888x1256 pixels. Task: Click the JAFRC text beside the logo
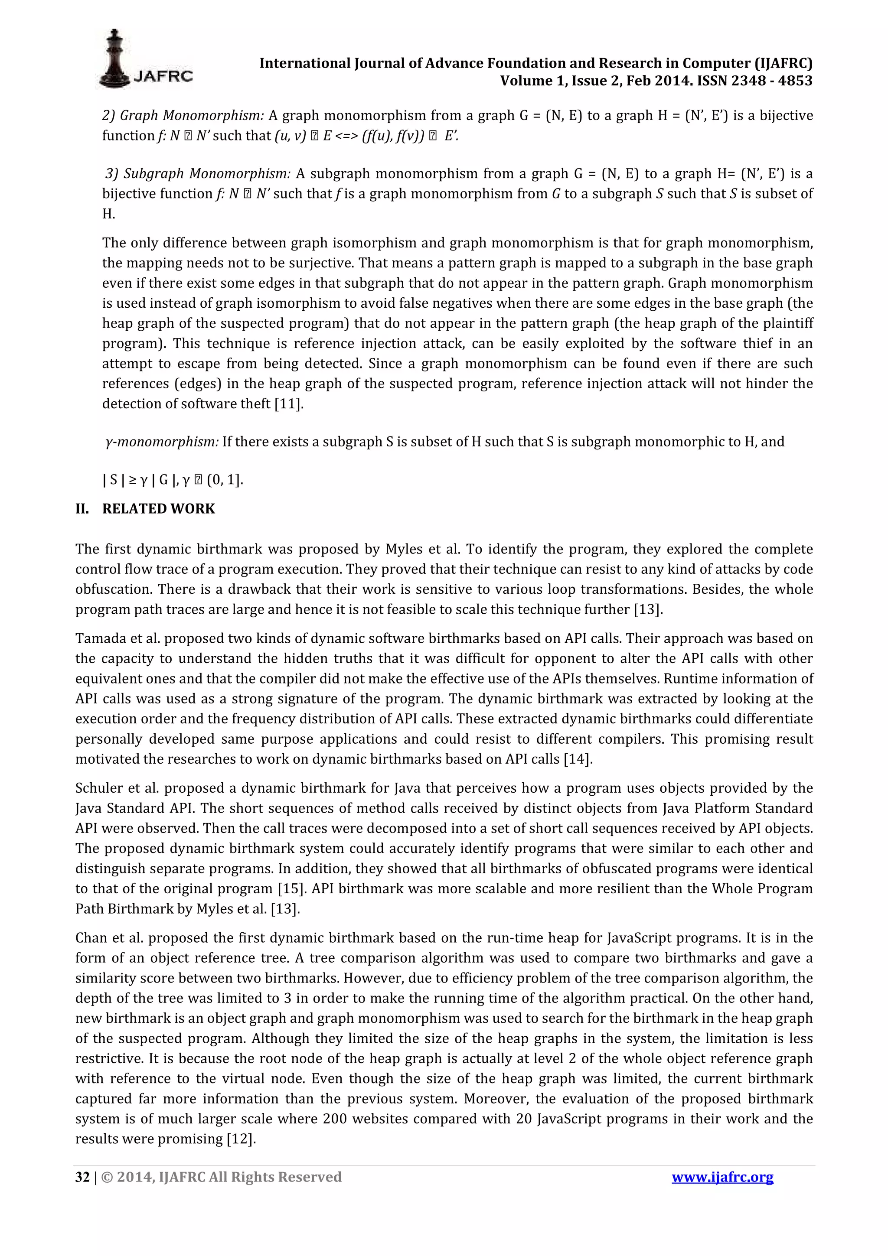[x=163, y=76]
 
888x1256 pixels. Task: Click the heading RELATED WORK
[x=159, y=509]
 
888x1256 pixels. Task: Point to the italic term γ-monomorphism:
[x=162, y=442]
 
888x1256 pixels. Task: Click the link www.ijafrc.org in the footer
[x=722, y=1177]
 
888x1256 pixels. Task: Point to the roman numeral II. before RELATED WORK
[x=83, y=509]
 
